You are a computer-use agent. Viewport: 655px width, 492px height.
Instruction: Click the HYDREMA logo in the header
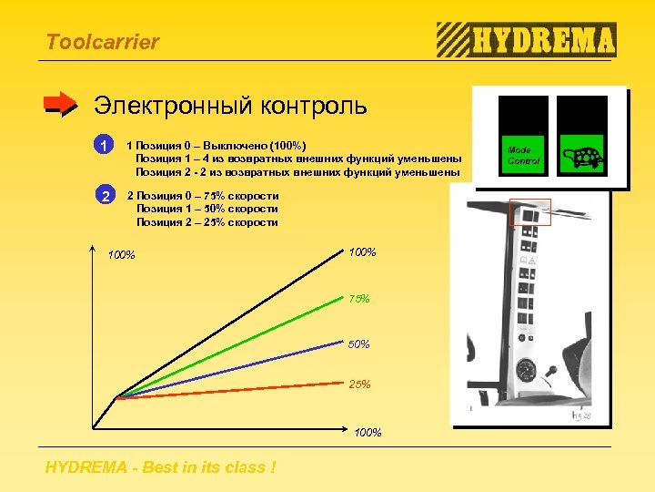(527, 40)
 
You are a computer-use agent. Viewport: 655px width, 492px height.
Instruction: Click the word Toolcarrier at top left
(102, 42)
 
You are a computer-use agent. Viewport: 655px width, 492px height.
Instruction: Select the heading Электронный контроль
(230, 106)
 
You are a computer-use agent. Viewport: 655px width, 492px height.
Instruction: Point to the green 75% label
(359, 299)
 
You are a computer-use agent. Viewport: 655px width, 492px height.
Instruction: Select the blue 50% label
(359, 344)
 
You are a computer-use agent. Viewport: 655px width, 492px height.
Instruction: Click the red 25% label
(359, 384)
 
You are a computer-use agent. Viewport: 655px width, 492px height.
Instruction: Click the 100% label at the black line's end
(362, 252)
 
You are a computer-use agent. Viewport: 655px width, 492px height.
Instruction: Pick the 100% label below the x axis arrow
(368, 432)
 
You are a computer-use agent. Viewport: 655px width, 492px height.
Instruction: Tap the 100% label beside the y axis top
(121, 254)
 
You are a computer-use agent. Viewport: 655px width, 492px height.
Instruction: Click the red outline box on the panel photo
(525, 212)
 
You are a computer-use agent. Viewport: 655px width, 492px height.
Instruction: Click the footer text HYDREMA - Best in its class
(161, 468)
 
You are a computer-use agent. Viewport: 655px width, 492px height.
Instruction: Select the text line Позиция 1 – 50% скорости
(207, 209)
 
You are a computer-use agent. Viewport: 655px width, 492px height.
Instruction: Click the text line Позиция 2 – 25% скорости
(207, 222)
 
